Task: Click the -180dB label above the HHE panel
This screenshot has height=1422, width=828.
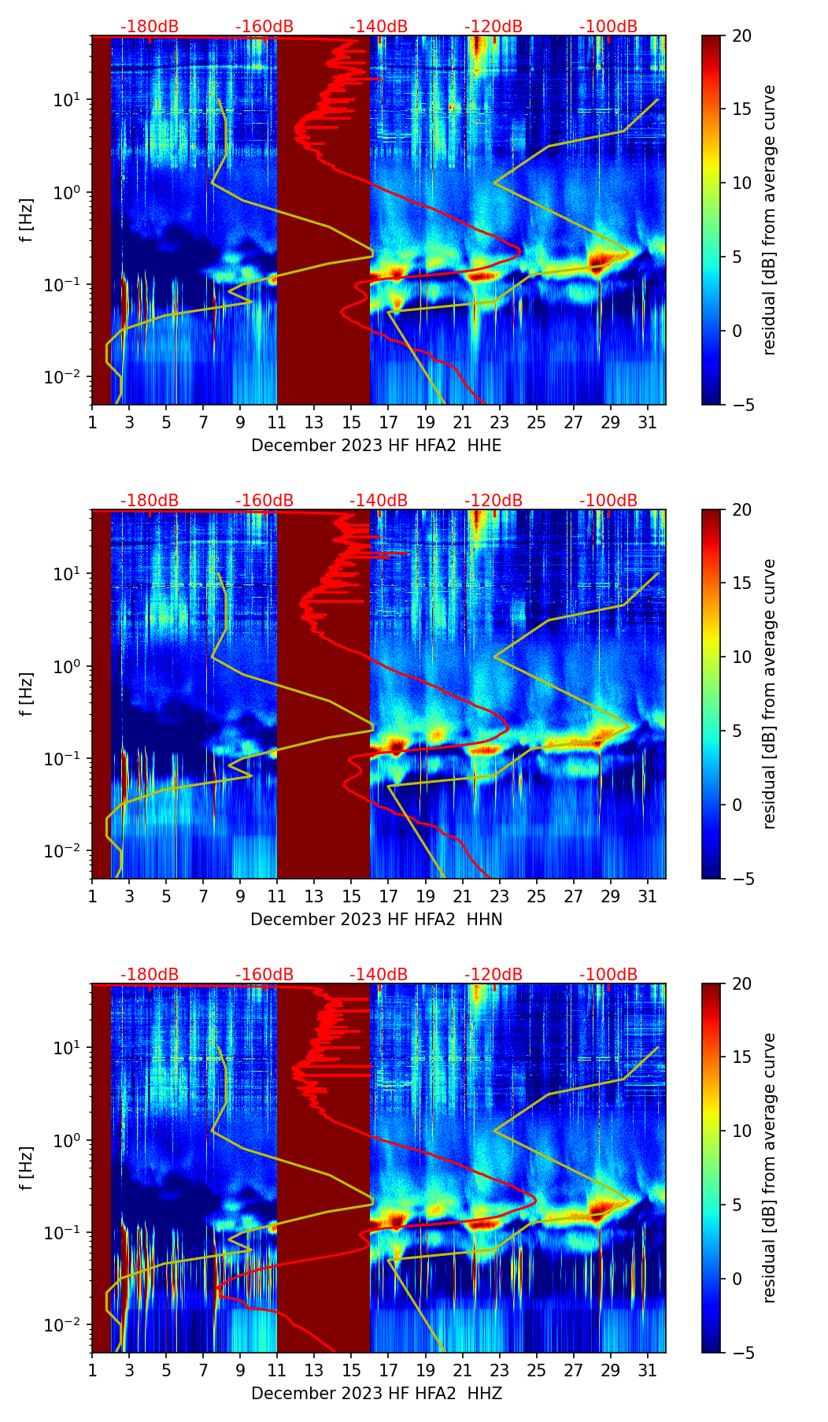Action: (150, 27)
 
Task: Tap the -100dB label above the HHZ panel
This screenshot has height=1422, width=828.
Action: (608, 975)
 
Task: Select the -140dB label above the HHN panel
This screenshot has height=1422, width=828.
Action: (379, 501)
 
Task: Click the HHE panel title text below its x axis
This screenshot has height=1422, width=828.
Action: (376, 446)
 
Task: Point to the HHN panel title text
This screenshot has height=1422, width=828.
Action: (376, 920)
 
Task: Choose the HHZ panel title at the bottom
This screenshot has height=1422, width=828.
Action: (376, 1394)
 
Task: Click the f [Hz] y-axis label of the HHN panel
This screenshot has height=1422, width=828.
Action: (27, 694)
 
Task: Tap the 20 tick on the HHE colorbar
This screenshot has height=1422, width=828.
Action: (742, 35)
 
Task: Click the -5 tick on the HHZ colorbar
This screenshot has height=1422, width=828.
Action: (741, 1353)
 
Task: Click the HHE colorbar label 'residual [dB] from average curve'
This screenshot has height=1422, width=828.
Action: (769, 220)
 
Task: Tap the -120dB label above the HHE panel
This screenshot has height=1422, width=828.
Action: (493, 27)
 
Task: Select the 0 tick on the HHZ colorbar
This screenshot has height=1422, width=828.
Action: (737, 1279)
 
